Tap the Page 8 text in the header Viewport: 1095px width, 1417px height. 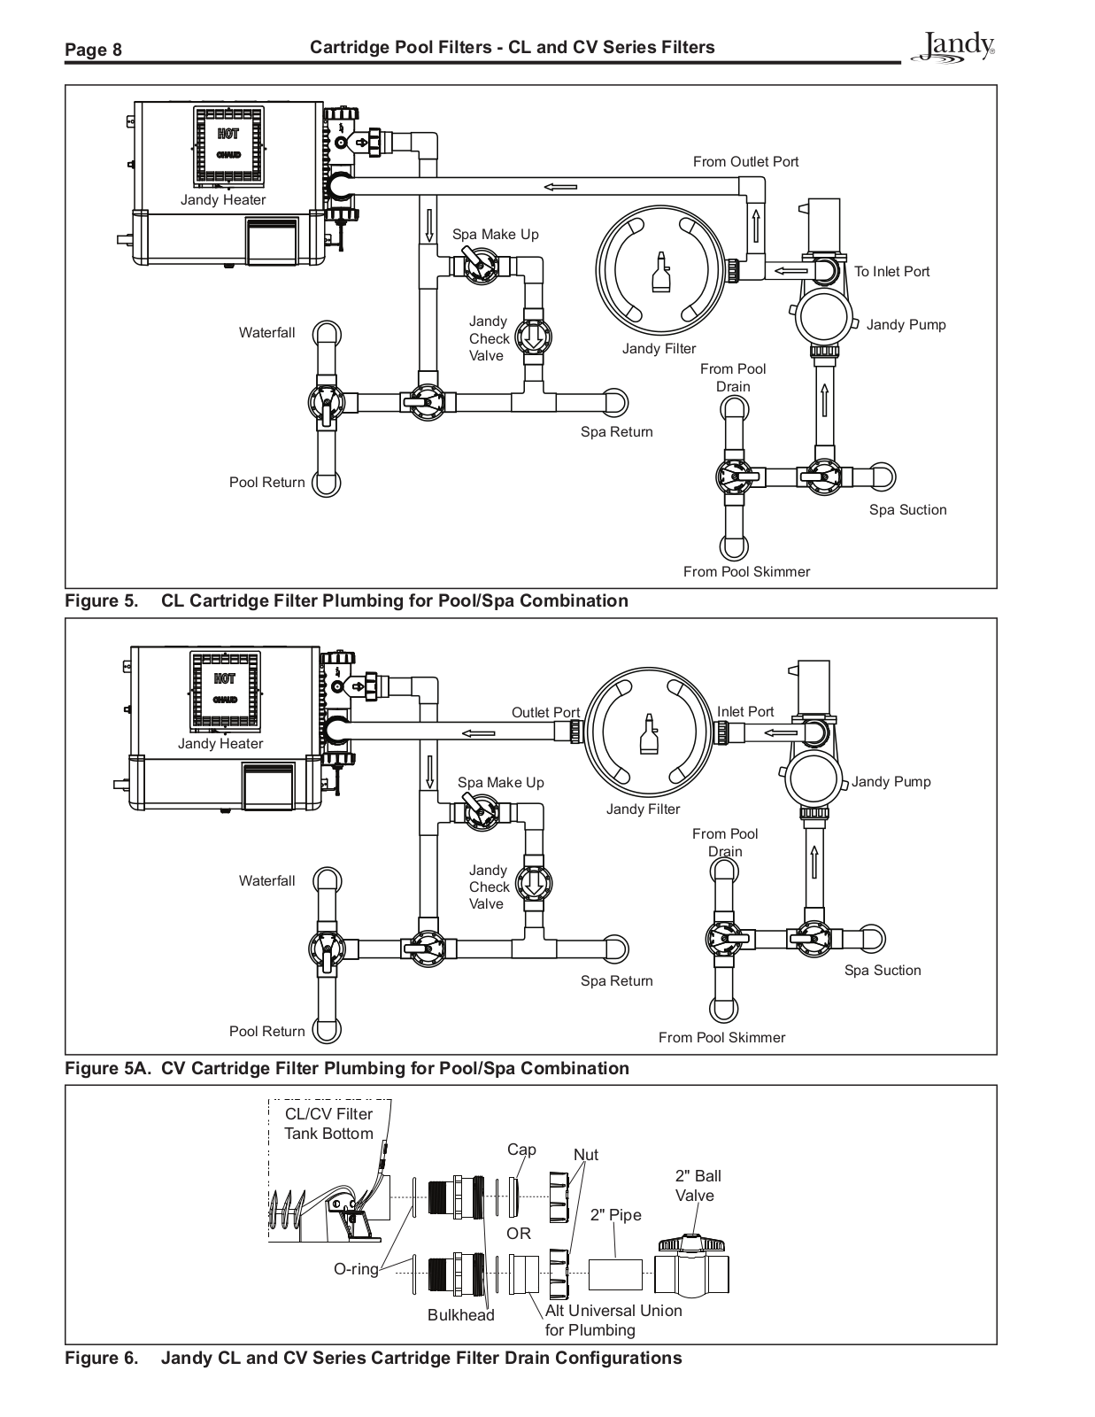[93, 50]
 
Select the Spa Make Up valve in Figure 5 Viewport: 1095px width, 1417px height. [481, 266]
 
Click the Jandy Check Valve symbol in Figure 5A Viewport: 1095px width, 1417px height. [534, 884]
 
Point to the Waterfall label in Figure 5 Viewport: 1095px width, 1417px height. [266, 333]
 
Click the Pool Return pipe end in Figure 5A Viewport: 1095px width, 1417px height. [327, 1030]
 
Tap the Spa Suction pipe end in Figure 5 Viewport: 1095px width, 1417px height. [882, 476]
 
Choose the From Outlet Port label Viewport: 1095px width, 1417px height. [745, 162]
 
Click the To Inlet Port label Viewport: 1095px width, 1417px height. [891, 271]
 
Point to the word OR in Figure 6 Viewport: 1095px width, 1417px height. [519, 1233]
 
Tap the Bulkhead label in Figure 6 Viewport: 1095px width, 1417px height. [461, 1314]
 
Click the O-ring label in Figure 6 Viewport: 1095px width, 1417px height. [356, 1268]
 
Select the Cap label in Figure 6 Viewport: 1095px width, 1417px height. [521, 1149]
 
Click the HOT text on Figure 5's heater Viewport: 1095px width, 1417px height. [228, 134]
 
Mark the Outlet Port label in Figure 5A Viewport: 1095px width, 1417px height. [545, 712]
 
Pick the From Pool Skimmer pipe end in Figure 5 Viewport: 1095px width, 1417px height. [733, 546]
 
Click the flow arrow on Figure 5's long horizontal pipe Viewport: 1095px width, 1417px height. [560, 187]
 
